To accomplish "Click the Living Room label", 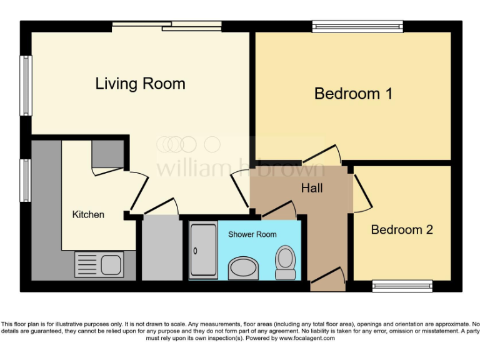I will point(140,83).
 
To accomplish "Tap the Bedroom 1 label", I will point(353,94).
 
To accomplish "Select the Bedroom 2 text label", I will point(402,229).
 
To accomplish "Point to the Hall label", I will point(312,187).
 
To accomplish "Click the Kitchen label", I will point(88,214).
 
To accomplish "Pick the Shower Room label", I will point(252,234).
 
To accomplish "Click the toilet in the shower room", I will point(286,262).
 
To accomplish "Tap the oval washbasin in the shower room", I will point(242,269).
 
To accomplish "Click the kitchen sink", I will point(100,264).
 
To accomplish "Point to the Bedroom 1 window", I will point(357,26).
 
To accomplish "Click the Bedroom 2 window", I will point(402,286).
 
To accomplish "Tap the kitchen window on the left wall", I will point(26,181).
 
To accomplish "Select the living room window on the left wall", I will point(26,86).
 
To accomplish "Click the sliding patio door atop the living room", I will point(166,26).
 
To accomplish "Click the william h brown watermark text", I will point(241,167).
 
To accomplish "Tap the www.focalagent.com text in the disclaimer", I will point(307,338).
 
